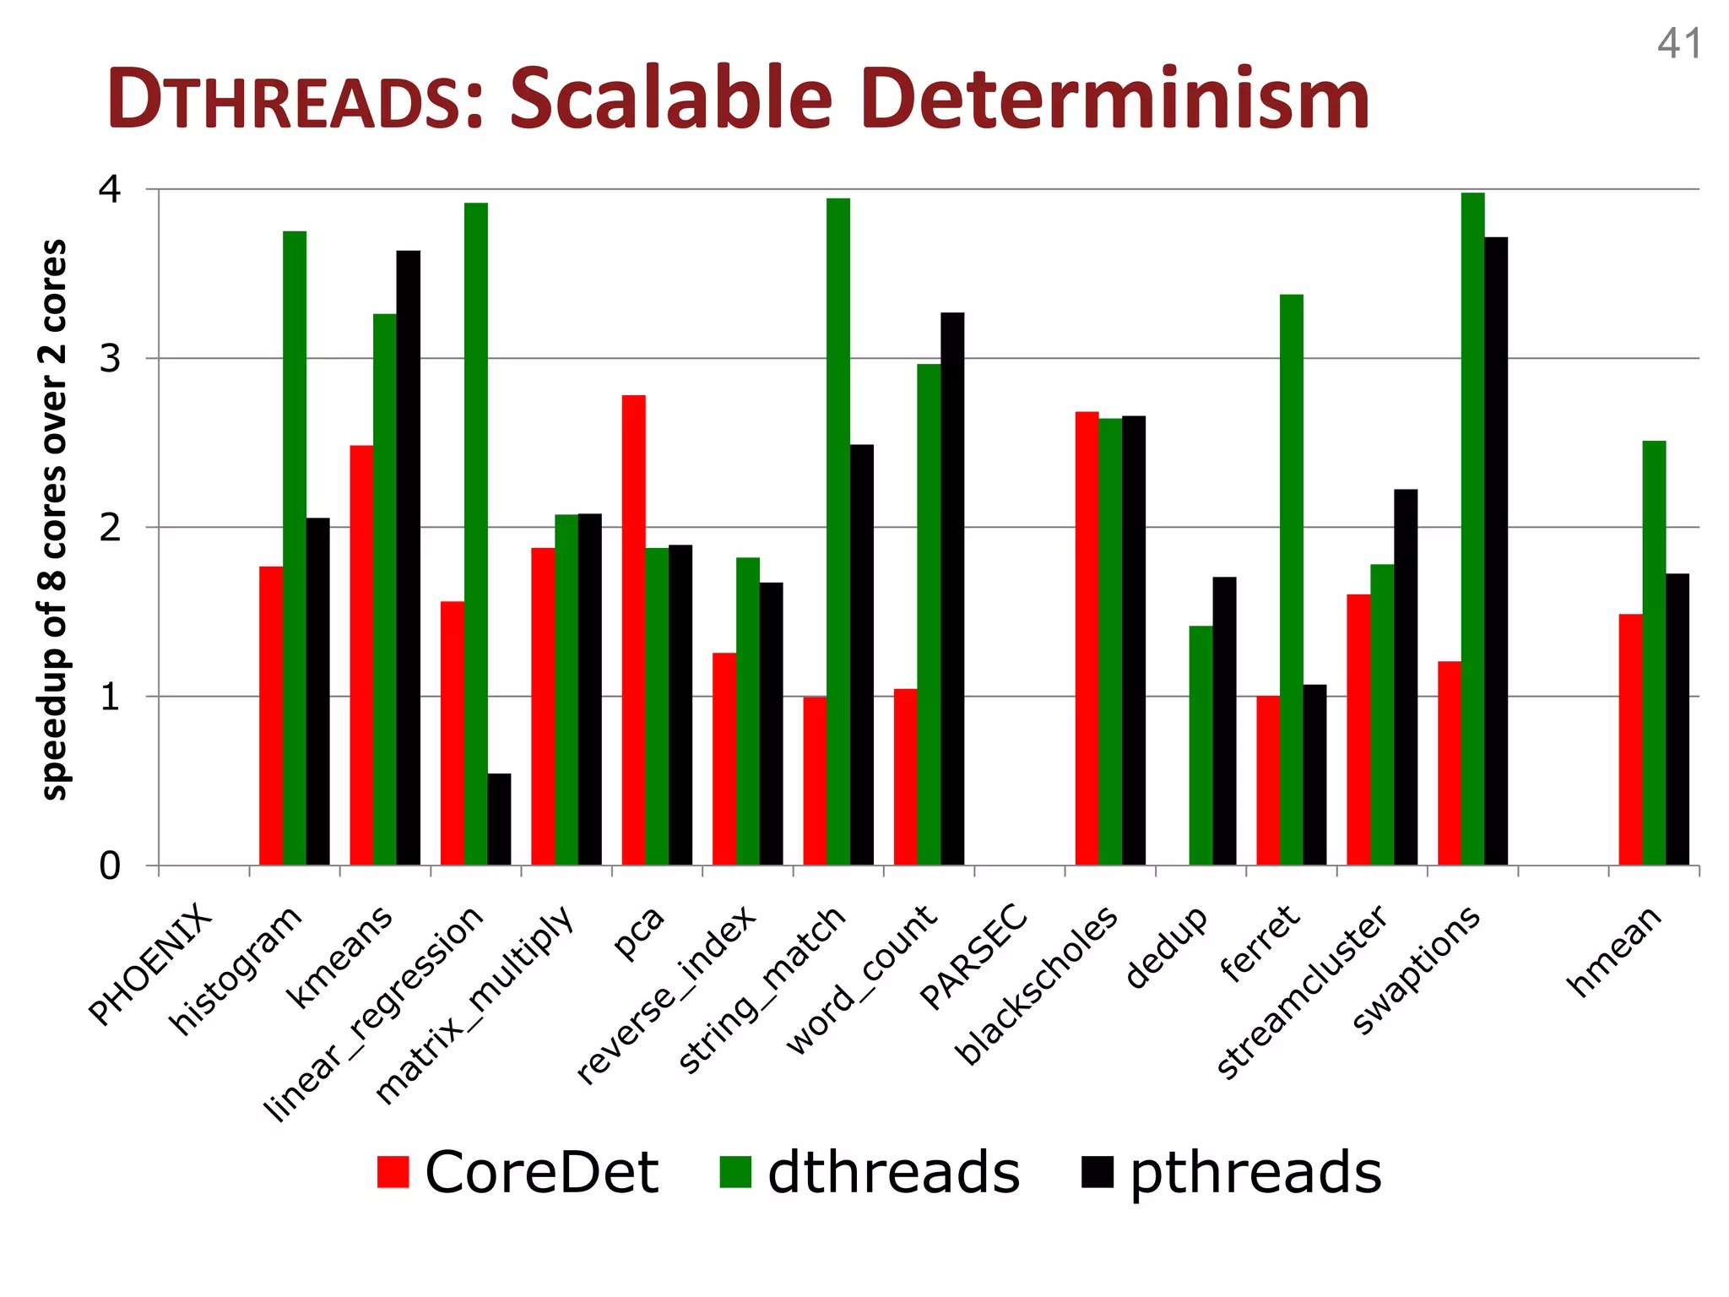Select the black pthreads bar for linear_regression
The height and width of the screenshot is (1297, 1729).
[499, 819]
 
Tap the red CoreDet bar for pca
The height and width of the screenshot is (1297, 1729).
[633, 630]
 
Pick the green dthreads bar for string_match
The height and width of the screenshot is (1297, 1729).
[838, 532]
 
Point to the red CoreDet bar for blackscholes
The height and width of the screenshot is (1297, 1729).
[1087, 638]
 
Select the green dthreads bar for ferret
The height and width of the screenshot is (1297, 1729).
[1292, 579]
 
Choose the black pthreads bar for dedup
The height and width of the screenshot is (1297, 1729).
[1224, 721]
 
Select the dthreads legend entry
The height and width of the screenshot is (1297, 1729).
[870, 1172]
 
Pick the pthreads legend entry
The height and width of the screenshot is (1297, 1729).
[1232, 1172]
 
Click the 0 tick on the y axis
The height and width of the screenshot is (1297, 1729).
[111, 866]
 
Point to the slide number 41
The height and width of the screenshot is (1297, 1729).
[1678, 44]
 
